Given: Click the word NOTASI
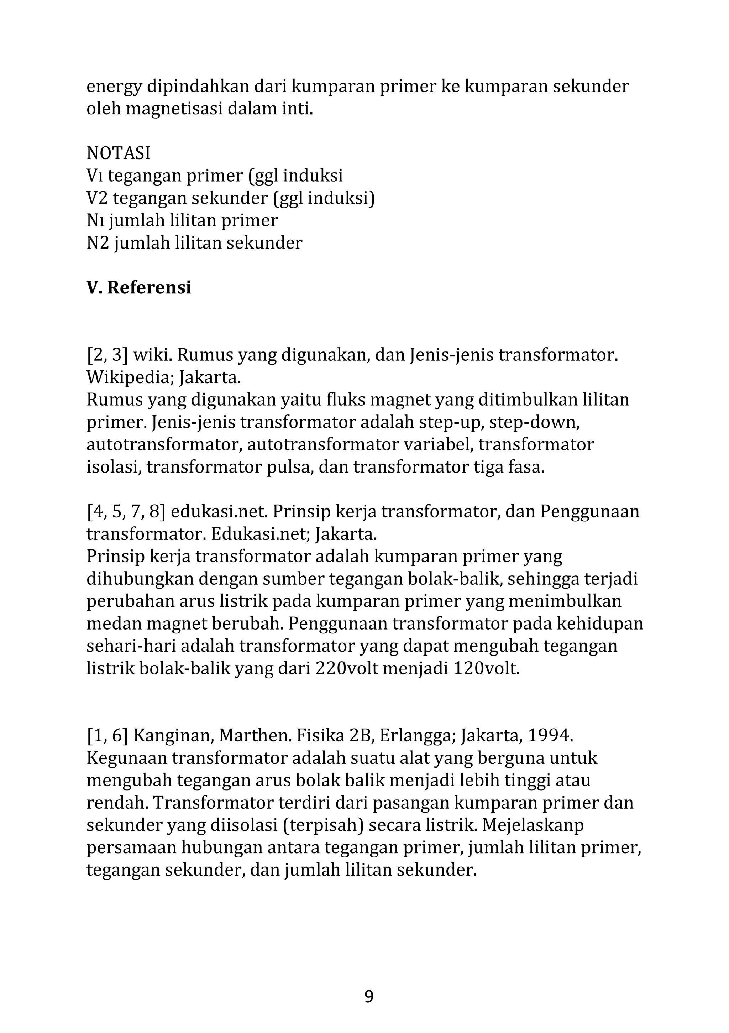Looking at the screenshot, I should tap(118, 153).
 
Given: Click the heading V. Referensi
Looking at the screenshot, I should tap(138, 287).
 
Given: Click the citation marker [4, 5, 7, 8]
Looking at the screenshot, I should tap(126, 512).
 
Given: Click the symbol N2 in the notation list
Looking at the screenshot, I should tap(97, 243).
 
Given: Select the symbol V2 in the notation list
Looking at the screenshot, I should tap(97, 198).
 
